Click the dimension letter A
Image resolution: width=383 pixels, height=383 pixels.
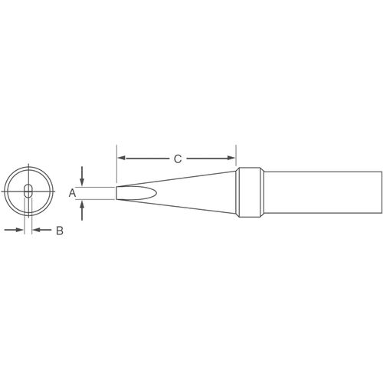click(72, 193)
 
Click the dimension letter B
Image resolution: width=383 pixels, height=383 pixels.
click(60, 231)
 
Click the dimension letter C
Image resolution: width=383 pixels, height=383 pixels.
click(178, 159)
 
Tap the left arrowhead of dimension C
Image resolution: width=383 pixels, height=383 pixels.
click(122, 159)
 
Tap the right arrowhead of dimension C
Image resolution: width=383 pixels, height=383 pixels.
click(231, 158)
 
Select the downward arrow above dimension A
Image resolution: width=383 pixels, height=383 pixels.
click(82, 175)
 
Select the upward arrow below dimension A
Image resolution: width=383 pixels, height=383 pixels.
click(82, 211)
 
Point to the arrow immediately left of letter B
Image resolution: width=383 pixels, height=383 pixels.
click(42, 230)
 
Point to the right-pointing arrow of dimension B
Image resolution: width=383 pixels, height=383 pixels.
click(14, 230)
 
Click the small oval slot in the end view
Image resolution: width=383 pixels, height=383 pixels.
click(28, 191)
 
